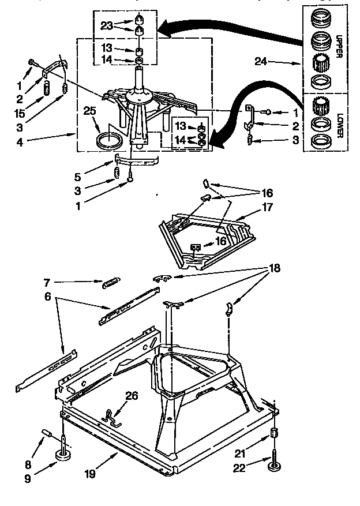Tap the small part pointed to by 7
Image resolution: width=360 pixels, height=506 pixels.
pyautogui.click(x=110, y=283)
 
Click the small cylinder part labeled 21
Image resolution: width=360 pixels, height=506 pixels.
pyautogui.click(x=275, y=434)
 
